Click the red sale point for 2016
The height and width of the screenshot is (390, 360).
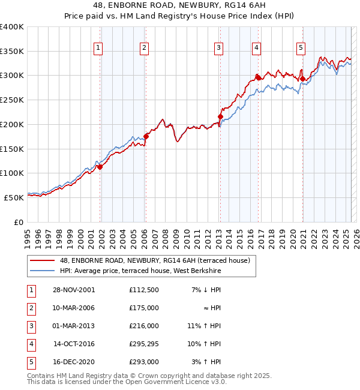click(257, 77)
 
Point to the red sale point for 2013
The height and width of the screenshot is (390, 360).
click(220, 116)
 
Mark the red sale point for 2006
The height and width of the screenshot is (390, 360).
click(146, 136)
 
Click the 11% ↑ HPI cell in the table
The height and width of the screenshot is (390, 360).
click(205, 326)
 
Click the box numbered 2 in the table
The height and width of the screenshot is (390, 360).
click(30, 308)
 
